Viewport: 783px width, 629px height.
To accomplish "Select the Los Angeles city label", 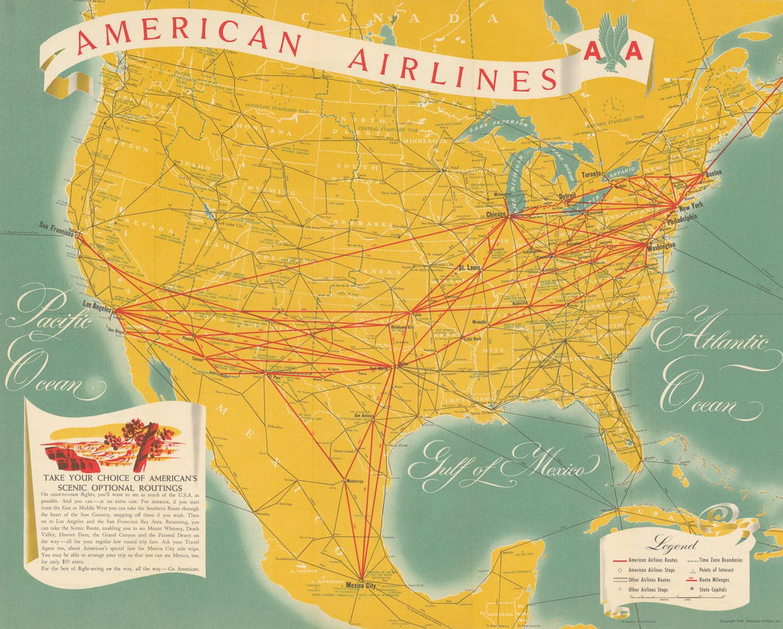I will coord(98,306).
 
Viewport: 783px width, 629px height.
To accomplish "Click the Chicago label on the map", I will coord(495,214).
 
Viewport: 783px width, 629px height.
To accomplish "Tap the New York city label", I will coord(690,207).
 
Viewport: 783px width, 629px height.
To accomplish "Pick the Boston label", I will coord(714,174).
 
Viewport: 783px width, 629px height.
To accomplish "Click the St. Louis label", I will coord(471,268).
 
